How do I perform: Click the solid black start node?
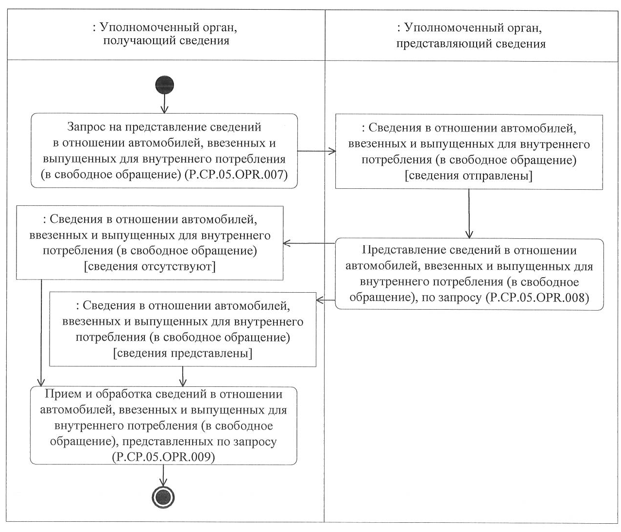[x=164, y=85]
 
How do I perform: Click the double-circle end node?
[x=163, y=497]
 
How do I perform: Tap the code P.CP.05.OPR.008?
[x=537, y=297]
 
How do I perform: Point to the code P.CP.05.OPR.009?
[x=163, y=457]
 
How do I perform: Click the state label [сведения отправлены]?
[x=468, y=176]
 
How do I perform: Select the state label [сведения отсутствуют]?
[x=150, y=266]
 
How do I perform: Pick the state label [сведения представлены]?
[x=183, y=353]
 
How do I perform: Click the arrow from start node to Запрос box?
[x=164, y=103]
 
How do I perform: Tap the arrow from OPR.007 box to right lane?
[x=316, y=151]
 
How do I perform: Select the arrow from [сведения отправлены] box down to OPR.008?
[x=469, y=214]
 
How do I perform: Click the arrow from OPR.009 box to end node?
[x=163, y=475]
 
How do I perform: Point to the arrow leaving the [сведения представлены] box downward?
[x=183, y=376]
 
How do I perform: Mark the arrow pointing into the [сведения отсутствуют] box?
[x=309, y=243]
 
